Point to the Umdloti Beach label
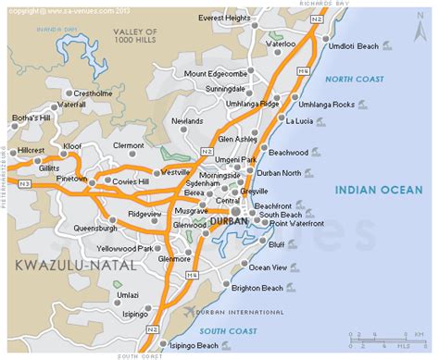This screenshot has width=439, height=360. [351, 44]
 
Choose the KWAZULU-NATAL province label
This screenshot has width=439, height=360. [69, 266]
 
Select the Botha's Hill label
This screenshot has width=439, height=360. [31, 118]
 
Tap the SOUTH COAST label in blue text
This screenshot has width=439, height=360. [225, 329]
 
